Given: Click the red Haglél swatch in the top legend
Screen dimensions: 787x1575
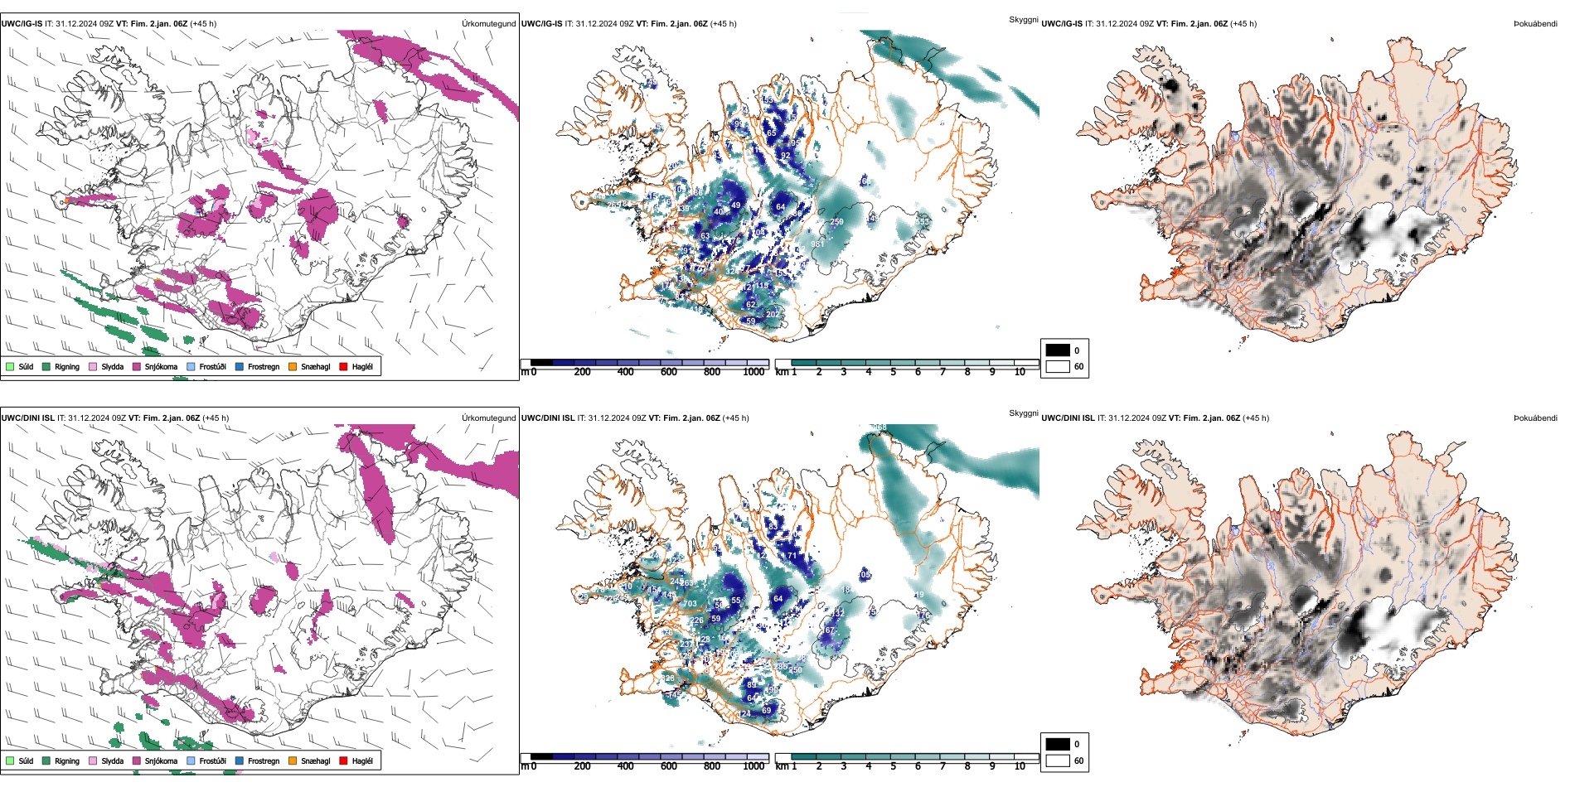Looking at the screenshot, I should (x=343, y=366).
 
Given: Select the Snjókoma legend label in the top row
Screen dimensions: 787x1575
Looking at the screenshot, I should (x=161, y=366).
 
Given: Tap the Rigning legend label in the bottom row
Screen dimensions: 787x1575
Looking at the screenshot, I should (x=67, y=760).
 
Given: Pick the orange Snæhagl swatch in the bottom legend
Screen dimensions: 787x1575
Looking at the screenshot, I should (x=293, y=760).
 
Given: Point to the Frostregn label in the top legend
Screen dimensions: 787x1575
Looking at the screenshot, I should (x=263, y=366).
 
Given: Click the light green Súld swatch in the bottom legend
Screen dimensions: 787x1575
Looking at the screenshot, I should (x=10, y=760).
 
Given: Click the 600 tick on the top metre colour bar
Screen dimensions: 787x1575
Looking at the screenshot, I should (x=668, y=372).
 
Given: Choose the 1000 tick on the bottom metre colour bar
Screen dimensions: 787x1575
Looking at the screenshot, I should (x=754, y=766).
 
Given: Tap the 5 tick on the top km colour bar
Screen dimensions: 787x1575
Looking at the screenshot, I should (x=893, y=372).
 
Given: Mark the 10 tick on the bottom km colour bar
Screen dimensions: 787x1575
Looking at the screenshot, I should (x=1020, y=766).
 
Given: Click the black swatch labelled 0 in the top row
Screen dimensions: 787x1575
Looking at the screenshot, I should (x=1057, y=350).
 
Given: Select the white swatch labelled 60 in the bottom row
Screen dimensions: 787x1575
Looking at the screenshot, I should (x=1057, y=760).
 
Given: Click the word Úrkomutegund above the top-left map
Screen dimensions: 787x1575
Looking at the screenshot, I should (x=488, y=23).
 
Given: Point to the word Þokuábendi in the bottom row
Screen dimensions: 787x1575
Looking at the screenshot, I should (x=1535, y=418).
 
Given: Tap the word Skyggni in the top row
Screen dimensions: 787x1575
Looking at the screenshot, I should (x=1023, y=19).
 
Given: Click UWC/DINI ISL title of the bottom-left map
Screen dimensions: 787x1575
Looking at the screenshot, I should (x=27, y=418).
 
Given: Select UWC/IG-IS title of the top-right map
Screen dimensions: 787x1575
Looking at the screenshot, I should (x=1062, y=23).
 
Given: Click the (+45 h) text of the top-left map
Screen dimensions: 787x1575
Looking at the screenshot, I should (x=203, y=23).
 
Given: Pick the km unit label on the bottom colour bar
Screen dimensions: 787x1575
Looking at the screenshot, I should (x=781, y=766).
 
